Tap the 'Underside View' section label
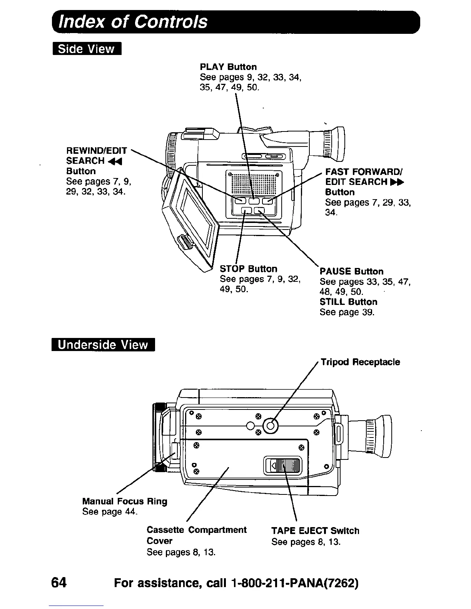103,344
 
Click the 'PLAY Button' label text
228,67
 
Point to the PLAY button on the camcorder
254,200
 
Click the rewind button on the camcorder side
240,200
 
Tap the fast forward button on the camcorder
267,200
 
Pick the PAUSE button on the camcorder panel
260,210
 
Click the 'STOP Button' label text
248,269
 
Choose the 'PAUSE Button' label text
351,271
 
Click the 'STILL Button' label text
348,302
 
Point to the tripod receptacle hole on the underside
271,425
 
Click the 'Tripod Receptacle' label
360,362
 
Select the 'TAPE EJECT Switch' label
315,531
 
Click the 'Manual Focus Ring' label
125,501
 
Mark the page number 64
59,583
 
